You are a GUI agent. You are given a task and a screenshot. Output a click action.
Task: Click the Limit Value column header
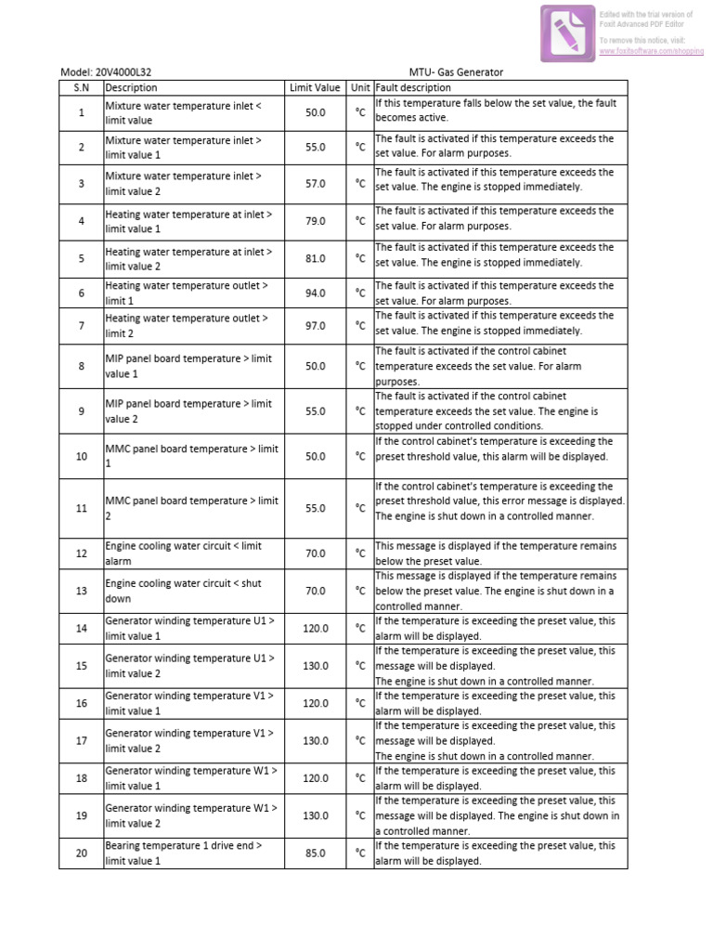315,88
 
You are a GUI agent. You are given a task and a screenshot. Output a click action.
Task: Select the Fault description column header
413,88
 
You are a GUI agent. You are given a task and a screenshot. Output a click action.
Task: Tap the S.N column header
81,88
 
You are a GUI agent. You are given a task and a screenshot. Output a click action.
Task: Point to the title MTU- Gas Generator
456,72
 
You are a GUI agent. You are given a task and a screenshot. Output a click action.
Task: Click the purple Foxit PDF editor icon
568,33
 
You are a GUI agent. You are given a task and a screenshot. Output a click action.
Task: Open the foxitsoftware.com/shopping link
652,52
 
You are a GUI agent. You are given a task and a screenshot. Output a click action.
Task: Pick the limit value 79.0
315,221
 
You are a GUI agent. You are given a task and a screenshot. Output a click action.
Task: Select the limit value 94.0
315,293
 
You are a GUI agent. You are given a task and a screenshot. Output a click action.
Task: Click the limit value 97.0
315,326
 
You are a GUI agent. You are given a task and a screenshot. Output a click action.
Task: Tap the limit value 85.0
315,853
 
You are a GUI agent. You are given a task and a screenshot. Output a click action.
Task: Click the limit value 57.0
315,184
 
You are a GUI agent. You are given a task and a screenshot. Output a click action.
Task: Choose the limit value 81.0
315,259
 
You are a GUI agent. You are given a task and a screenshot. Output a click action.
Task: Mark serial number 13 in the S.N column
81,591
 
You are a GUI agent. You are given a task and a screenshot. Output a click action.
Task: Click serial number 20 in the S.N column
81,853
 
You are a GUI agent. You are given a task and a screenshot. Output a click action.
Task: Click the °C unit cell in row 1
359,112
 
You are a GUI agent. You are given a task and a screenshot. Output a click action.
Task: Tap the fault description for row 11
499,502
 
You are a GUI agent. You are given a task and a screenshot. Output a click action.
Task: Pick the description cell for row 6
186,293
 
